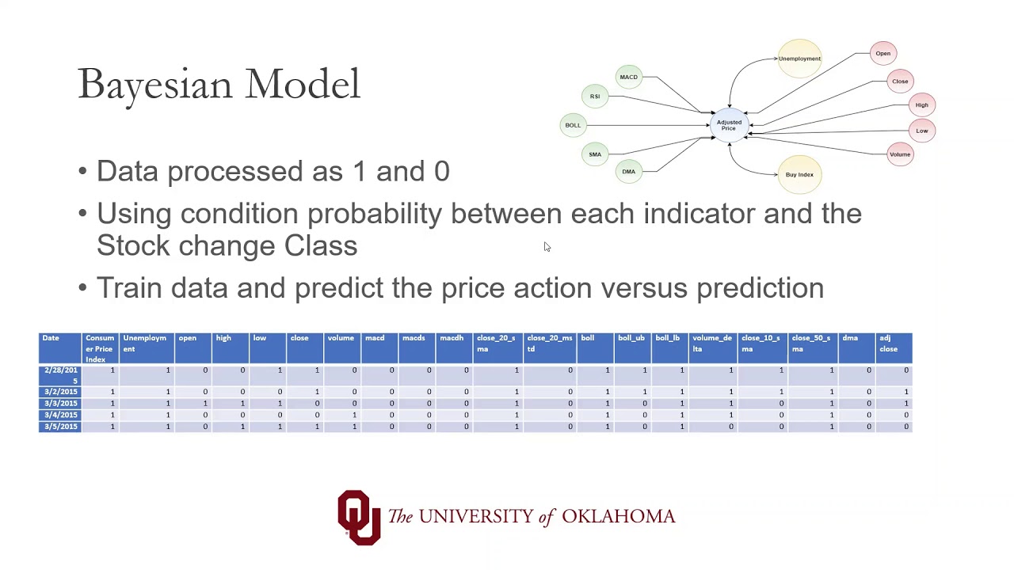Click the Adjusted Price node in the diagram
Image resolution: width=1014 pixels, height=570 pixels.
[x=729, y=125]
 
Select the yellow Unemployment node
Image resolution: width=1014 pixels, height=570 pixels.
[x=799, y=59]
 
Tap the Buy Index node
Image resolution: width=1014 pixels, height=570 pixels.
[x=799, y=174]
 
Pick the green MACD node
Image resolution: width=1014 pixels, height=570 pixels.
[x=628, y=77]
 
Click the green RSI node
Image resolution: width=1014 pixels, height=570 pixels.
[x=595, y=97]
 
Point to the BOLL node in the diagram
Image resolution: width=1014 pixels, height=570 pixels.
[x=573, y=125]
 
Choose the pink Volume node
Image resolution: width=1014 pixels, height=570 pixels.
[x=899, y=154]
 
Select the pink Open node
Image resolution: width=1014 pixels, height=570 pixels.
[x=882, y=54]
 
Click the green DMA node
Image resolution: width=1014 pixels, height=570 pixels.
[x=628, y=172]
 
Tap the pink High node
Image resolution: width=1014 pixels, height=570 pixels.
[x=921, y=105]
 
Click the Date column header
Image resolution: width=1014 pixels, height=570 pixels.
[x=51, y=339]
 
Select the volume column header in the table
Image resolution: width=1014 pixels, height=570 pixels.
[x=341, y=339]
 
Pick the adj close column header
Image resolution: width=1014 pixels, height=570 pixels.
[x=888, y=344]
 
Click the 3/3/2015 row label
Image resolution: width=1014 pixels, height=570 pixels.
[x=61, y=404]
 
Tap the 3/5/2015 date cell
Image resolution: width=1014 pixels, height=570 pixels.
[x=61, y=427]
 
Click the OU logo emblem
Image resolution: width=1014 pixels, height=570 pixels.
[x=359, y=517]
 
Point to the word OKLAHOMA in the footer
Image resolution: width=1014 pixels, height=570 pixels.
[x=618, y=517]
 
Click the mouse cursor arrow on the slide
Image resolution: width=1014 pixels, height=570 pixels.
[x=547, y=247]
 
